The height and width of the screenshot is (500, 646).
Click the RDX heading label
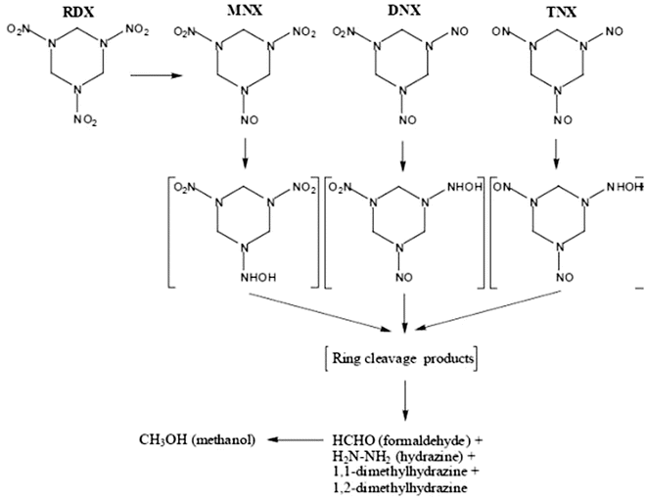[78, 13]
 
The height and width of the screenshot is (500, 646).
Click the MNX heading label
[251, 13]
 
